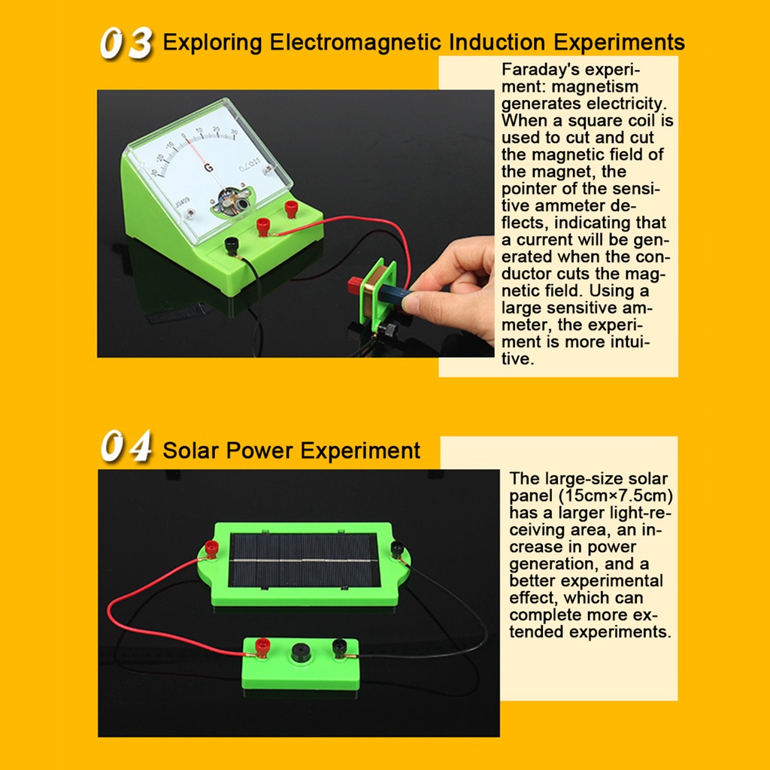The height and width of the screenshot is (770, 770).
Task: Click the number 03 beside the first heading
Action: pos(126,43)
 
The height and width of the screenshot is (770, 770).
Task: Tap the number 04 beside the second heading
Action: pos(126,446)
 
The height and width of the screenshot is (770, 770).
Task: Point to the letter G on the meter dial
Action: pos(209,168)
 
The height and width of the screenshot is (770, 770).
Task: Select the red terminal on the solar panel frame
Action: pos(211,548)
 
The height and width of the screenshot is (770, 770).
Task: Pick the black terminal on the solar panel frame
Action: pos(397,548)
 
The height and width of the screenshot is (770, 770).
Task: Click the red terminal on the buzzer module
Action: pos(262,647)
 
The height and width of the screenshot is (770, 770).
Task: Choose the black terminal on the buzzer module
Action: pos(340,647)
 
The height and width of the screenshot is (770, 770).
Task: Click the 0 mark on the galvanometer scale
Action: pos(183,136)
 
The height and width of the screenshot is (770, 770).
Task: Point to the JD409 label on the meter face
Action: pos(182,202)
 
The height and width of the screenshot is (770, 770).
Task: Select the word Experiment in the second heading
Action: pos(361,451)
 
